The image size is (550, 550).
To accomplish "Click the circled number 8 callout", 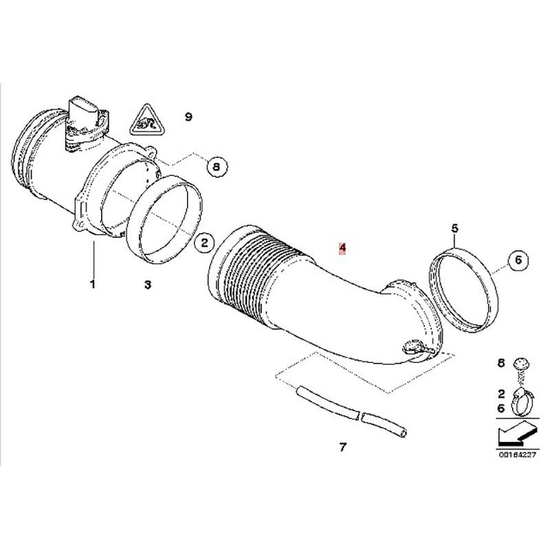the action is click(x=217, y=166).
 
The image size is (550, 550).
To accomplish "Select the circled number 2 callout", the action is click(x=204, y=243).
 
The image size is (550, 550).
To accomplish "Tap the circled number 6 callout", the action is click(x=518, y=261).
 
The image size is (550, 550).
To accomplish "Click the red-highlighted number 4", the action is click(x=342, y=247).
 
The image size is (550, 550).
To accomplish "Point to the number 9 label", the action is click(x=188, y=116).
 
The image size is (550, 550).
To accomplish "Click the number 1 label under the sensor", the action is click(x=93, y=284).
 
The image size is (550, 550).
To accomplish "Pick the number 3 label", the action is click(x=148, y=285).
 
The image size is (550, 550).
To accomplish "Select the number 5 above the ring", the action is click(x=454, y=229).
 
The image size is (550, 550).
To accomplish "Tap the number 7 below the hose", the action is click(x=342, y=447).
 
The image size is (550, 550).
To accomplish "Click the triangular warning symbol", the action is click(x=147, y=121).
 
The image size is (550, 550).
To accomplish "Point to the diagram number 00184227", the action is click(x=518, y=454).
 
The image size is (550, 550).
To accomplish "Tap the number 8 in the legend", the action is click(x=501, y=363).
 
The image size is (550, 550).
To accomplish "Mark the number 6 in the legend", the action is click(x=501, y=408).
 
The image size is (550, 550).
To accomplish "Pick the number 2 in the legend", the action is click(x=501, y=394).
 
